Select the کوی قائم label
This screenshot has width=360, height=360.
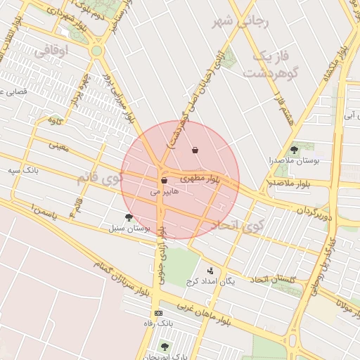109,178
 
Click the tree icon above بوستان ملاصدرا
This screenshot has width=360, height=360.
294,149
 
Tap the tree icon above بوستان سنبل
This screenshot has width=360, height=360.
128,217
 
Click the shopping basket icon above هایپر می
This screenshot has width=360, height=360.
164,180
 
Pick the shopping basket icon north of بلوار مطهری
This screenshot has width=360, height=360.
195,150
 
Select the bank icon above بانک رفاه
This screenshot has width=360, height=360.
158,313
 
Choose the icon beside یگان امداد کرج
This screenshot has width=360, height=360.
210,271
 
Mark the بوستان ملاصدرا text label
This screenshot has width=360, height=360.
296,161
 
